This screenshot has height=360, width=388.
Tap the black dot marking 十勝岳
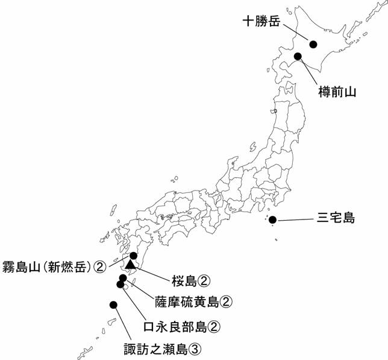pos(313,43)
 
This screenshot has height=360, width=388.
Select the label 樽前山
pos(337,92)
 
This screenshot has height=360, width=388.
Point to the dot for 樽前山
pos(298,57)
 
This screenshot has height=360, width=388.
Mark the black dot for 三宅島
pos(273,220)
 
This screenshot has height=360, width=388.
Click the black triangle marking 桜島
pos(130,264)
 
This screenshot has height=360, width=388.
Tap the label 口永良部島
pos(175,326)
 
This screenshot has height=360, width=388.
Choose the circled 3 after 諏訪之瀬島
pos(194,348)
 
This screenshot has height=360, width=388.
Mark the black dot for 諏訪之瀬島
pos(113,305)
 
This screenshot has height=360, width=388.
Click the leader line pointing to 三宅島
pos(294,221)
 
